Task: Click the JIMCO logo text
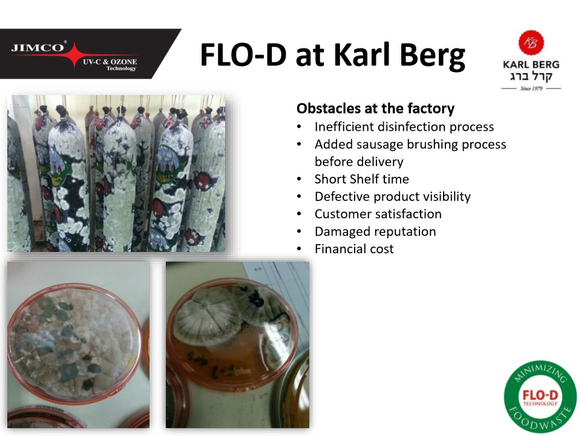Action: click(38, 47)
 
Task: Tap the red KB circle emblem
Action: click(531, 42)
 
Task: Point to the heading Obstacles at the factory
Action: click(375, 108)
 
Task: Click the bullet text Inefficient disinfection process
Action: click(404, 127)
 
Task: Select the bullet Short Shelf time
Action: click(362, 179)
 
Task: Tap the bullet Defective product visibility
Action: click(393, 196)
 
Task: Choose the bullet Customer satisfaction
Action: click(378, 214)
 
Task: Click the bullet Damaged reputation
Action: click(375, 231)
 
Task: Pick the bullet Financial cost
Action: click(354, 249)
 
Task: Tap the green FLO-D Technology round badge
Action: click(540, 397)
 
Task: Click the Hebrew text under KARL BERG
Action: click(531, 76)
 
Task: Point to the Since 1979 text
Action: click(531, 88)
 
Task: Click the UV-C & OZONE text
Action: click(110, 62)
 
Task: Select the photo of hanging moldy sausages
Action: click(116, 173)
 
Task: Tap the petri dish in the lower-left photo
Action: click(75, 343)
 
